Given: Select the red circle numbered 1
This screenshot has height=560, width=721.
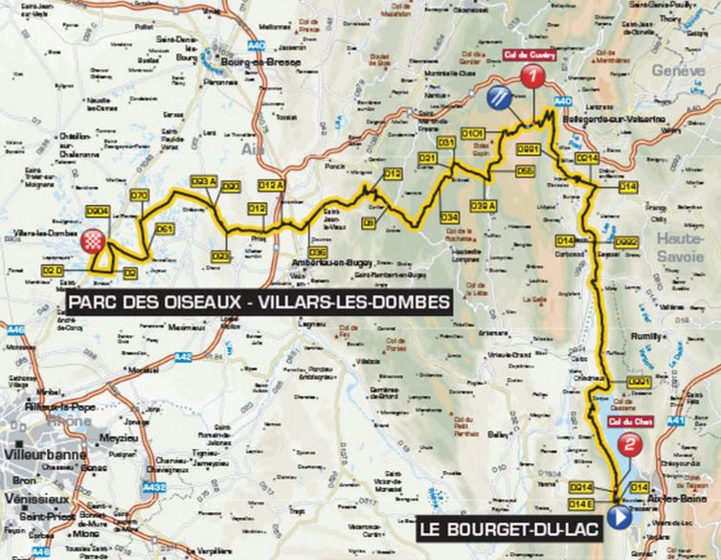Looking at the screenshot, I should click(x=529, y=79).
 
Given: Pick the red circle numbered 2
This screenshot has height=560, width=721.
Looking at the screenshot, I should click(x=629, y=444).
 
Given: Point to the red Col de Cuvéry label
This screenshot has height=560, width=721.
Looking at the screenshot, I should click(x=525, y=56).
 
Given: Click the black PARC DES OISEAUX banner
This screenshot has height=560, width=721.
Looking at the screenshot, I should click(x=258, y=302).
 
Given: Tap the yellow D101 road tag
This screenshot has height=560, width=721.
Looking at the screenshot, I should click(x=471, y=132).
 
